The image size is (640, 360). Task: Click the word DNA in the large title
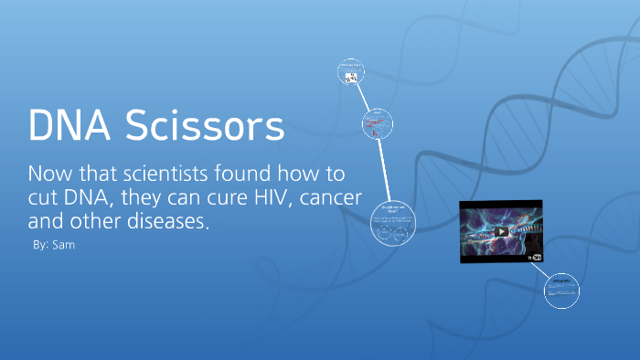tap(69, 126)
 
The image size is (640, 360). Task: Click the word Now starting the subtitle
tap(50, 174)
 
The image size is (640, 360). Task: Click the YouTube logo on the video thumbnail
tap(536, 258)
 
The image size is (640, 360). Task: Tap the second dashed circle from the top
tap(377, 125)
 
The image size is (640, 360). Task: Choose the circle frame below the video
tap(561, 291)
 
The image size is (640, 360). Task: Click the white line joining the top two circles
tap(364, 98)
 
